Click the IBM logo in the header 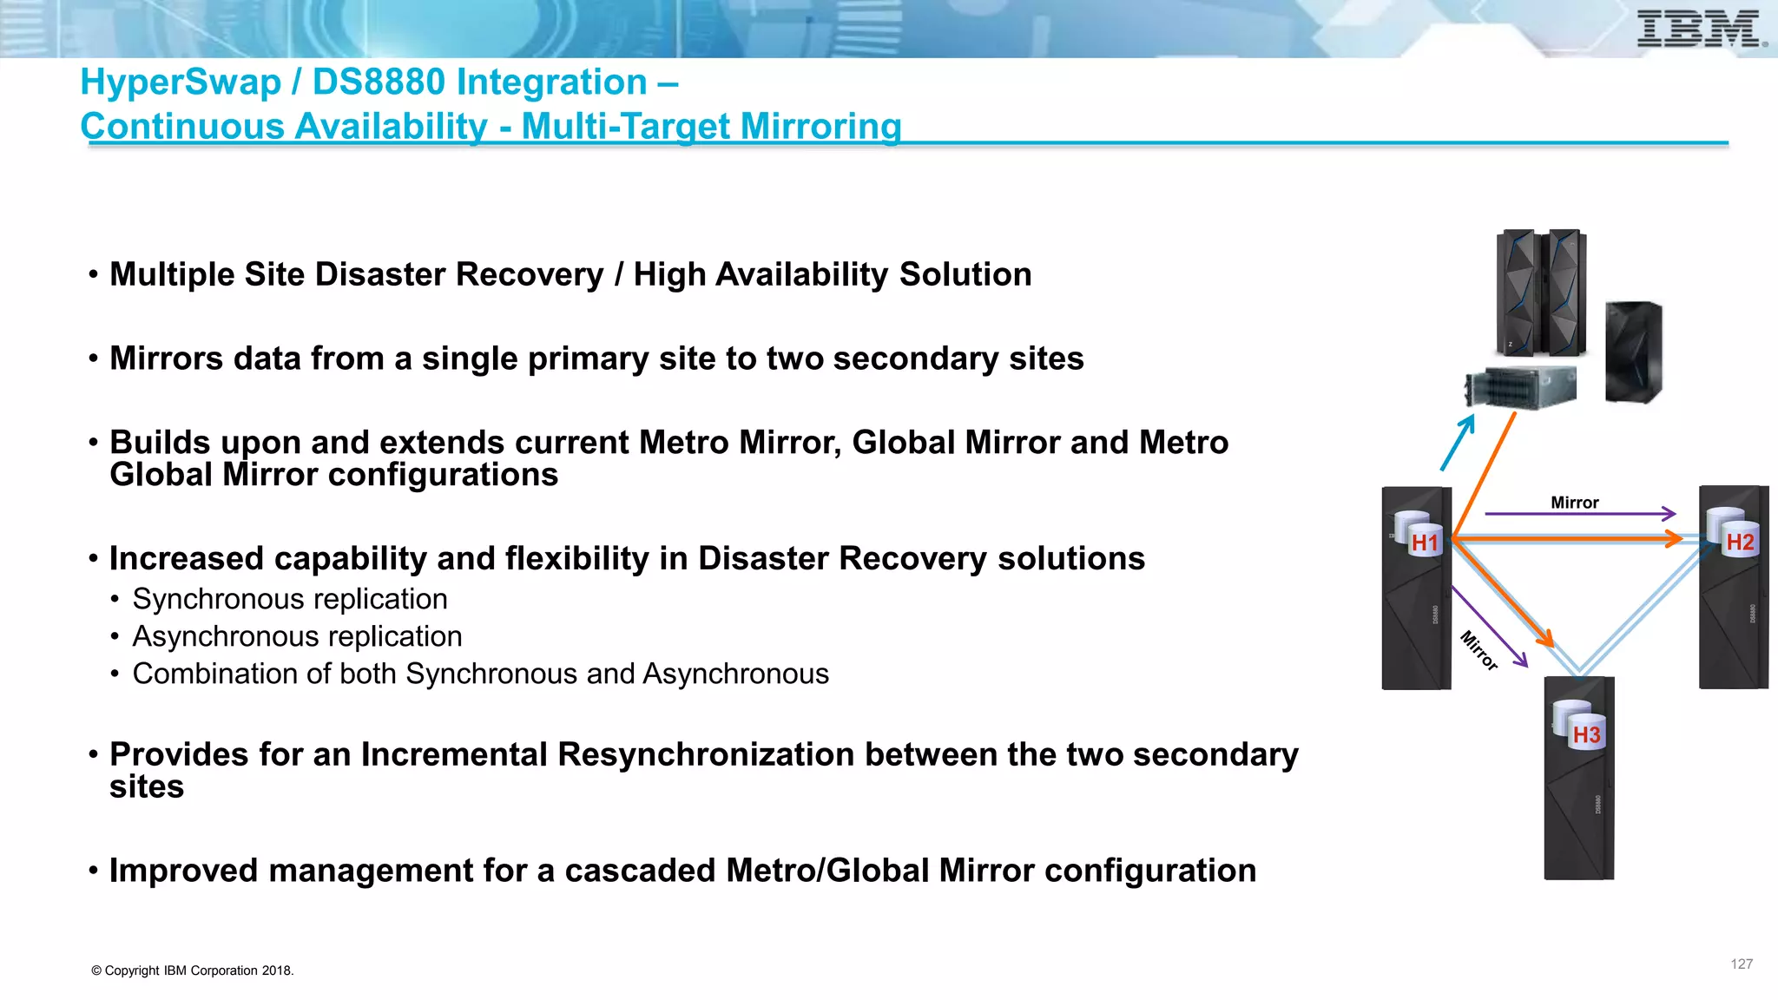click(x=1700, y=29)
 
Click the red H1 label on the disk click(x=1425, y=543)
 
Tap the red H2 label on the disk click(x=1740, y=543)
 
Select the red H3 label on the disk click(x=1586, y=735)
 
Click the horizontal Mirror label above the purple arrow click(x=1574, y=503)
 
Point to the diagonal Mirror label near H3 click(x=1479, y=650)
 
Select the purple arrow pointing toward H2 click(x=1580, y=514)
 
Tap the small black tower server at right click(x=1633, y=352)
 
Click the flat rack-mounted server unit click(x=1521, y=387)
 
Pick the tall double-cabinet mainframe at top click(x=1542, y=293)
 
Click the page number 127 click(x=1741, y=964)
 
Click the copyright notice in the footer click(x=193, y=970)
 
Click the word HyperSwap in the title click(x=181, y=82)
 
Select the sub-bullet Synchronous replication click(x=289, y=599)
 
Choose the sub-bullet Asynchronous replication click(x=297, y=636)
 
